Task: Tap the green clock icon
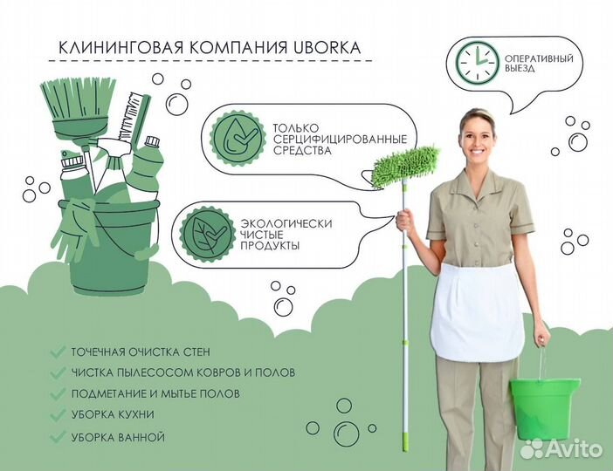[x=477, y=61]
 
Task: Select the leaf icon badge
[x=206, y=234]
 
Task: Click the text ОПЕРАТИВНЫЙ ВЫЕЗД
[x=540, y=62]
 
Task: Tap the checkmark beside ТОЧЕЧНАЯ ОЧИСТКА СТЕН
[x=58, y=352]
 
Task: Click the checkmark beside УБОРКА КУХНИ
[x=58, y=415]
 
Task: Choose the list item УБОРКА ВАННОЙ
[x=119, y=436]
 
